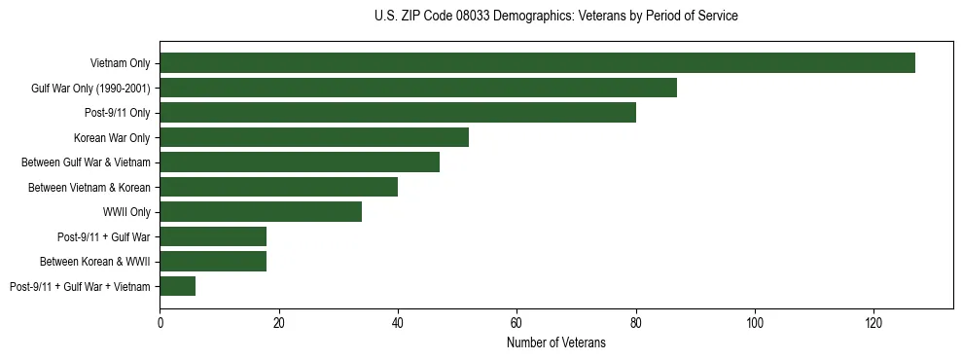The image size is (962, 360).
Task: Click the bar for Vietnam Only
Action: coord(537,63)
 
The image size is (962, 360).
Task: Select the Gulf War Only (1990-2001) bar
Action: coord(418,88)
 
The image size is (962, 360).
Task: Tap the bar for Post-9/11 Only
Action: coord(398,113)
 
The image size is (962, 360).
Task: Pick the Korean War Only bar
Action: coord(314,137)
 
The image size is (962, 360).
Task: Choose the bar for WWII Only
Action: coord(261,211)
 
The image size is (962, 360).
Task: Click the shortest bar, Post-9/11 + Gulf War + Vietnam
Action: coord(178,286)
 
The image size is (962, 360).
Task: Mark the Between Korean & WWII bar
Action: coord(213,261)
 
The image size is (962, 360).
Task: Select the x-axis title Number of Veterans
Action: coord(555,342)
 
